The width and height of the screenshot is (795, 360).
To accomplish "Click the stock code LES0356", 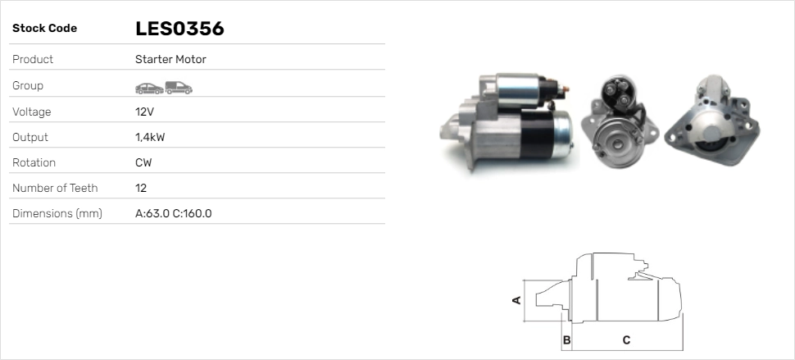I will pyautogui.click(x=179, y=29).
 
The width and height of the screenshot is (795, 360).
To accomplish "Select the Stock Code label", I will pyautogui.click(x=44, y=29).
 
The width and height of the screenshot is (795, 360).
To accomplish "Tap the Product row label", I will pyautogui.click(x=33, y=60).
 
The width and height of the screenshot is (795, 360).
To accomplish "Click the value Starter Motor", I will pyautogui.click(x=170, y=60).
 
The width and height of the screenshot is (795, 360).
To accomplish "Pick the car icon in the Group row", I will pyautogui.click(x=148, y=87).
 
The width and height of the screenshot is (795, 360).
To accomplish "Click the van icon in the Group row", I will pyautogui.click(x=178, y=87).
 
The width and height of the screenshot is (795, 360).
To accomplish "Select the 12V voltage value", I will pyautogui.click(x=144, y=112).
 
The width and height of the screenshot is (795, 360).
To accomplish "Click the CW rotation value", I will pyautogui.click(x=143, y=162).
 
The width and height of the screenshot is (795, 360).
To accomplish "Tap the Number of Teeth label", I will pyautogui.click(x=55, y=188).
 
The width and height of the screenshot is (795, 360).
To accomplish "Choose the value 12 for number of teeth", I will pyautogui.click(x=141, y=188).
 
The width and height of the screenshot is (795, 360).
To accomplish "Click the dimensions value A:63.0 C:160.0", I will pyautogui.click(x=173, y=213).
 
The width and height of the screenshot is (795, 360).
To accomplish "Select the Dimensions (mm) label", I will pyautogui.click(x=57, y=213).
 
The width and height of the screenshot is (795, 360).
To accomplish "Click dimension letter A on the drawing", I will pyautogui.click(x=516, y=300).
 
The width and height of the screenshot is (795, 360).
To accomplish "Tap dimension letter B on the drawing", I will pyautogui.click(x=566, y=339).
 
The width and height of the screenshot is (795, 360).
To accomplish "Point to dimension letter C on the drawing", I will pyautogui.click(x=626, y=339).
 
